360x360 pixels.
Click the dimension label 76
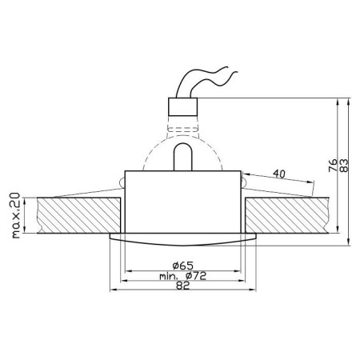pyautogui.click(x=333, y=166)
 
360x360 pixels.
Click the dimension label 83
pyautogui.click(x=344, y=166)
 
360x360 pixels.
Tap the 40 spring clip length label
pyautogui.click(x=279, y=174)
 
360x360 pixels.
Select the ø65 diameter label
pyautogui.click(x=182, y=266)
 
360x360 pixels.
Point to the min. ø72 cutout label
pyautogui.click(x=183, y=276)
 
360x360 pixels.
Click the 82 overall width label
pyautogui.click(x=183, y=286)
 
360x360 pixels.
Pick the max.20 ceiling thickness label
pyautogui.click(x=16, y=215)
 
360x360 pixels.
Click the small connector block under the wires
pyautogui.click(x=182, y=106)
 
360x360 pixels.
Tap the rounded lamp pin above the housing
pyautogui.click(x=182, y=157)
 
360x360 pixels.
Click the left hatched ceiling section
pyautogui.click(x=78, y=215)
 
